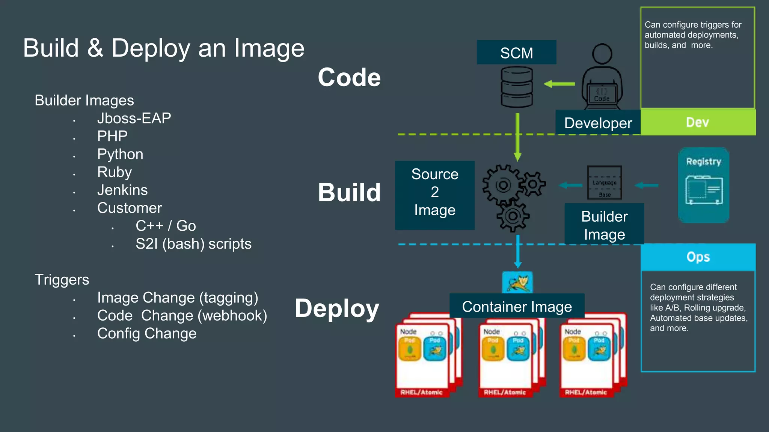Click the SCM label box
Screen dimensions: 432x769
[516, 52]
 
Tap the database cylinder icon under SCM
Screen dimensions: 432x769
[517, 87]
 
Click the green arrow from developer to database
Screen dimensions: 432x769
[559, 84]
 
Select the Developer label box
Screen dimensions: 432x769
[598, 123]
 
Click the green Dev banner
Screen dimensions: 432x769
[698, 122]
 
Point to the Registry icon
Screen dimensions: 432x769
[704, 185]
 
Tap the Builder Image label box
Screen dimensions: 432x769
[604, 225]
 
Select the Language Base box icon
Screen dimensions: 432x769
[604, 183]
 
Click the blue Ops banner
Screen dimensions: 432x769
[698, 257]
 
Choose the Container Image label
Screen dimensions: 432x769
[517, 306]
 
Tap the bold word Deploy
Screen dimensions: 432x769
[337, 309]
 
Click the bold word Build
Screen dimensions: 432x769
[349, 192]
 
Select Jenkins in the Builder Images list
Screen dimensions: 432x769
[122, 190]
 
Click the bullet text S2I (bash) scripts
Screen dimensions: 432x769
[193, 244]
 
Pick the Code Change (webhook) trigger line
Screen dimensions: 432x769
[182, 316]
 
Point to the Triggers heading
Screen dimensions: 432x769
[62, 280]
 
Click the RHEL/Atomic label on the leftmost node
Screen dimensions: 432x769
[421, 392]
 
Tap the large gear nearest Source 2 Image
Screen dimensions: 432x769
[503, 185]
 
